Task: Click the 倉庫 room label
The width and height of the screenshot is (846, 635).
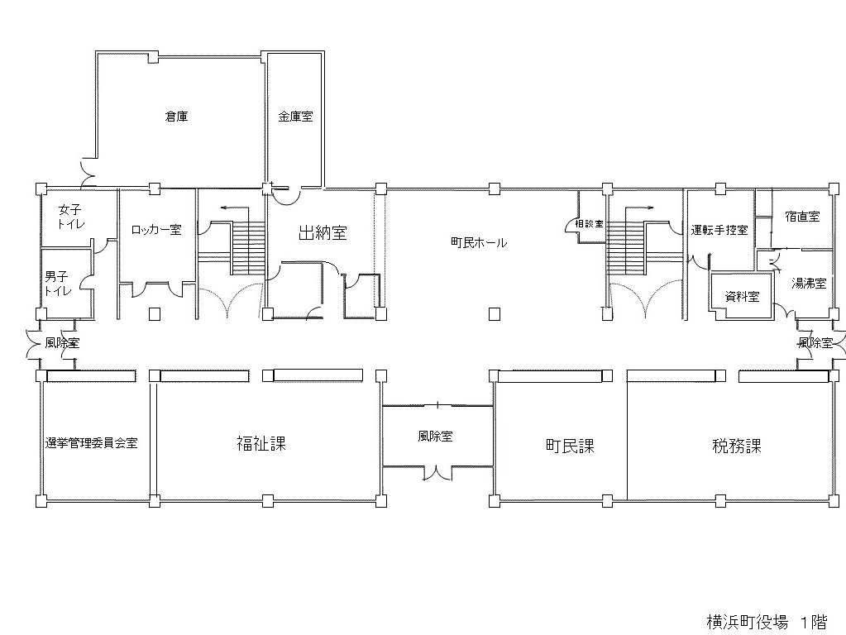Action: tap(176, 116)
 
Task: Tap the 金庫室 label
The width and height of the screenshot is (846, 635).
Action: tap(296, 116)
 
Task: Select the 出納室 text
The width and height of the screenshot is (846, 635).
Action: tap(323, 232)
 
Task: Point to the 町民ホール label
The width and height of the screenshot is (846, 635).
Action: tap(479, 243)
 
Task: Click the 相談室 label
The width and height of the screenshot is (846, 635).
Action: tap(589, 223)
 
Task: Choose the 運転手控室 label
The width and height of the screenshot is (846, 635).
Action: tap(719, 230)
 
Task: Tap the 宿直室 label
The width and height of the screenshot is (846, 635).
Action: tap(802, 217)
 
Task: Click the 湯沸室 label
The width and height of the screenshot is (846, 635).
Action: tap(809, 284)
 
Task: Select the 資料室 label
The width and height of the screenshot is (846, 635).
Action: tap(743, 296)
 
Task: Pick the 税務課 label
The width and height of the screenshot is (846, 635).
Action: tap(737, 446)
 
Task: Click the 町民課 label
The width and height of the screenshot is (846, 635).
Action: tap(571, 446)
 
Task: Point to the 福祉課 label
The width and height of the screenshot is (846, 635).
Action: tap(261, 443)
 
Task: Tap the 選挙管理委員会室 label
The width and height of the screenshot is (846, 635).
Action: tap(92, 443)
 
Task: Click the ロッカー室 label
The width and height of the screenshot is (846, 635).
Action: tap(156, 230)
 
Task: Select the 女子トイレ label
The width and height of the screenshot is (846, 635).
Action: tap(70, 217)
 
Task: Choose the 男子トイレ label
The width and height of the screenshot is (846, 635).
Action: tap(58, 284)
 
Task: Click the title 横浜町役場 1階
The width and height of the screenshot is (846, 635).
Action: tap(767, 622)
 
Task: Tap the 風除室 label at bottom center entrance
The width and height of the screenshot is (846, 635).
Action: tap(436, 436)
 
